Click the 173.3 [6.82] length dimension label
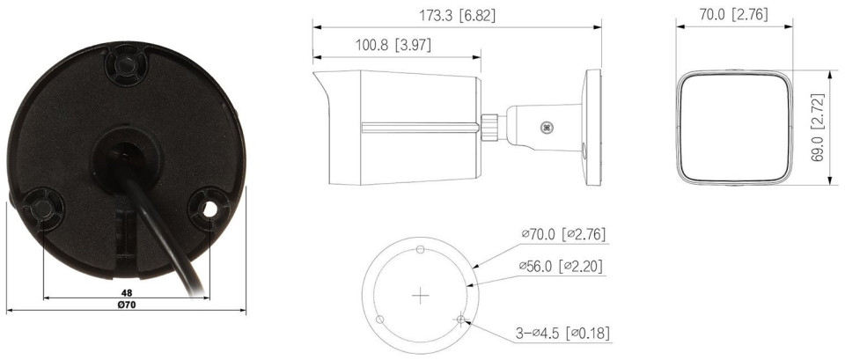[x=457, y=16]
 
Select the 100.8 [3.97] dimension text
[x=393, y=45]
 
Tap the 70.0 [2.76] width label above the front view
[x=733, y=15]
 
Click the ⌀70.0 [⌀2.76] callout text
[x=563, y=234]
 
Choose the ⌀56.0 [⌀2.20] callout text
[x=561, y=266]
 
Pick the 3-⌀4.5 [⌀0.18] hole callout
[x=562, y=334]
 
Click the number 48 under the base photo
[x=127, y=292]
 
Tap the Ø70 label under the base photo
[x=127, y=305]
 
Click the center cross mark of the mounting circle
[x=420, y=296]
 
